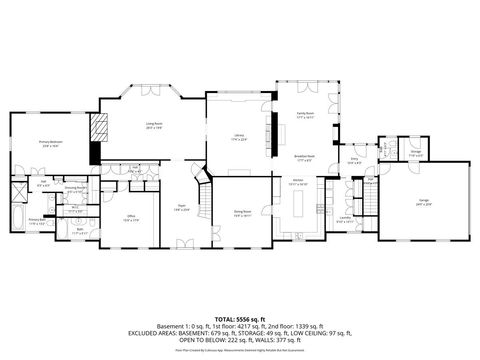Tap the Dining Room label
click(243, 212)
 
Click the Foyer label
click(180, 208)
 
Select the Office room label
click(131, 217)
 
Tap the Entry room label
click(355, 159)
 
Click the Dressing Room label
click(74, 189)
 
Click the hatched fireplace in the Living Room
click(98, 127)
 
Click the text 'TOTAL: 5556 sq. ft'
click(240, 318)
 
